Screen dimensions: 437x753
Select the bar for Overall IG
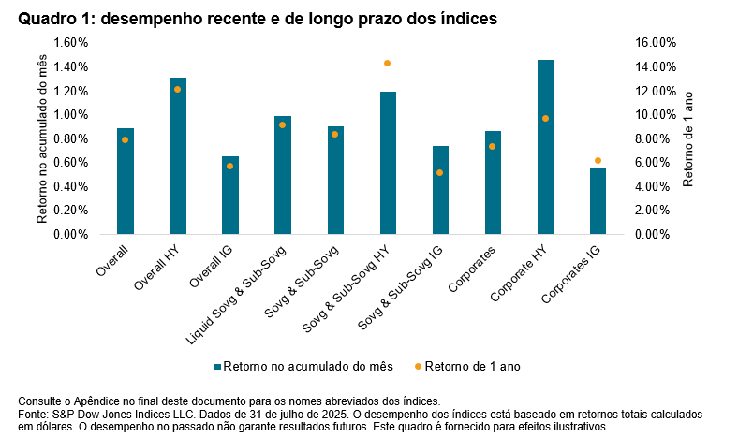(x=230, y=196)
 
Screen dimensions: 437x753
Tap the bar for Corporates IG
(x=598, y=201)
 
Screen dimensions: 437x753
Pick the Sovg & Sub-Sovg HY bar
(x=388, y=163)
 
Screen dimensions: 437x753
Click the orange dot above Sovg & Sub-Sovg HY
(x=387, y=63)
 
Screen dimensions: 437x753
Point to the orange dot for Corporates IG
(x=598, y=160)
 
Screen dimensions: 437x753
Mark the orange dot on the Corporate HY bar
(x=545, y=118)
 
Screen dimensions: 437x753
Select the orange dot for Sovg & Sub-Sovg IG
(x=440, y=172)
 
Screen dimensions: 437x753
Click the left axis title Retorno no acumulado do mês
(x=42, y=138)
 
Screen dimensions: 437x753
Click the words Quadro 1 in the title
(x=52, y=19)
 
